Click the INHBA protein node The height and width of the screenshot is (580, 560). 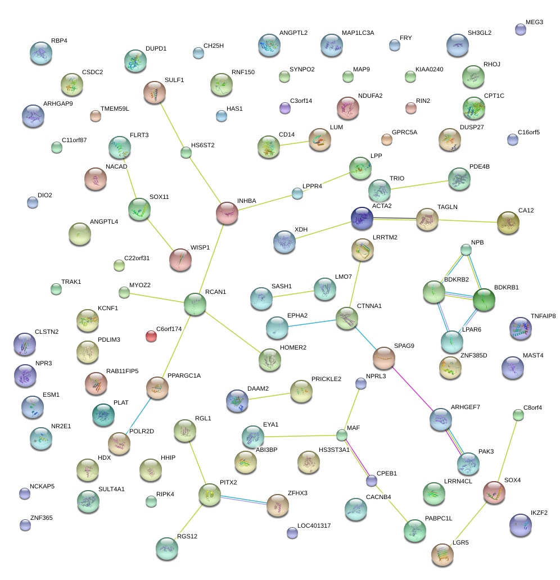click(x=227, y=212)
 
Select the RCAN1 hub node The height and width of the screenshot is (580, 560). click(x=195, y=304)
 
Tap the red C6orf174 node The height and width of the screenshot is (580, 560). click(x=151, y=336)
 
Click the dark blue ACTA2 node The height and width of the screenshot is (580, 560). click(x=362, y=218)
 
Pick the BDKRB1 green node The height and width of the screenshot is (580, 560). click(x=484, y=300)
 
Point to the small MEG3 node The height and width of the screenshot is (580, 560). click(x=521, y=30)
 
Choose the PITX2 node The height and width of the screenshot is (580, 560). click(x=209, y=494)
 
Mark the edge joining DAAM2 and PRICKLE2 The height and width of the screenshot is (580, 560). click(x=269, y=396)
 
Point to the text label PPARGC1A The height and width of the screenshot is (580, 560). click(x=184, y=375)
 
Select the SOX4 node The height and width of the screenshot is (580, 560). click(x=494, y=492)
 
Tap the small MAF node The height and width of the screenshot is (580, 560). click(x=342, y=434)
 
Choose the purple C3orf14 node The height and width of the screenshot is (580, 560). click(x=285, y=108)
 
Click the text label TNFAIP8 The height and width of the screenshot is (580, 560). click(x=543, y=316)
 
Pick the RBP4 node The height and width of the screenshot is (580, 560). click(x=40, y=52)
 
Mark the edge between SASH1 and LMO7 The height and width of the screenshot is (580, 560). click(x=293, y=293)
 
